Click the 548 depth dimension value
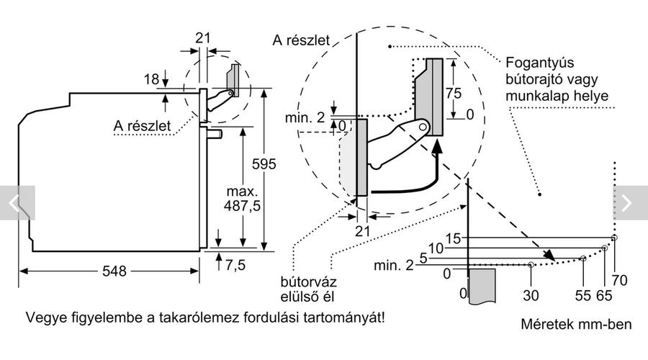pyautogui.click(x=114, y=271)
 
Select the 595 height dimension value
pyautogui.click(x=264, y=164)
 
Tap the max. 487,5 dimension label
pyautogui.click(x=242, y=199)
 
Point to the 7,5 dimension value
pyautogui.click(x=235, y=265)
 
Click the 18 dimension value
pyautogui.click(x=151, y=79)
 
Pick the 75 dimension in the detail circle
pyautogui.click(x=454, y=93)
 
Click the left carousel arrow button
pyautogui.click(x=17, y=203)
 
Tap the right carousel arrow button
pyautogui.click(x=630, y=203)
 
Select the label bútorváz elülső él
pyautogui.click(x=308, y=289)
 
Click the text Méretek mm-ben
pyautogui.click(x=576, y=324)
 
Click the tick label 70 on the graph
pyautogui.click(x=619, y=280)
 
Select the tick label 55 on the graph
pyautogui.click(x=583, y=295)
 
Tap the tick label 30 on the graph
pyautogui.click(x=531, y=295)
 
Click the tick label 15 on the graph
pyautogui.click(x=453, y=238)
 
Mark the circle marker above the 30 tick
pyautogui.click(x=531, y=264)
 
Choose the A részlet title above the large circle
pyautogui.click(x=301, y=40)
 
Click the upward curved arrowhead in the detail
pyautogui.click(x=436, y=147)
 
